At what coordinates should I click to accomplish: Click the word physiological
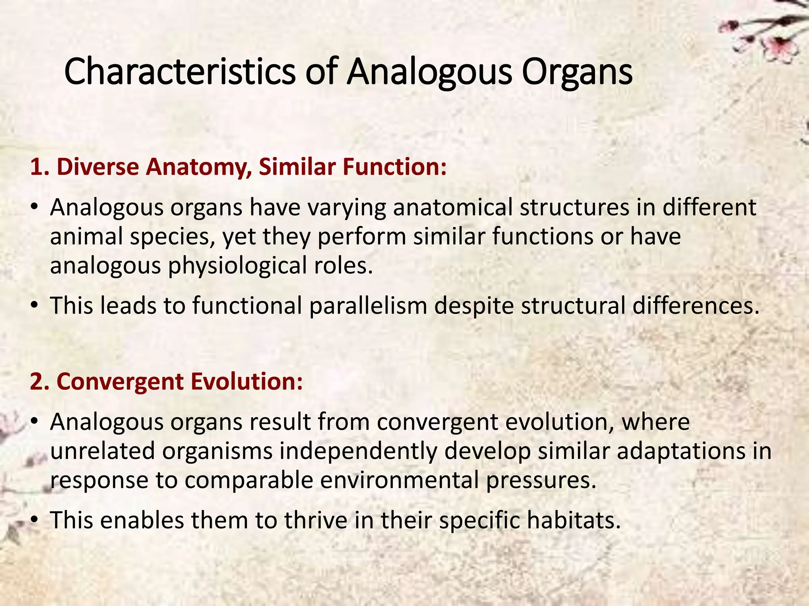tap(237, 266)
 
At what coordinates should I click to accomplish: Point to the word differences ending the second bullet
tap(695, 306)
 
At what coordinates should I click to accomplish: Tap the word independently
tap(358, 451)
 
